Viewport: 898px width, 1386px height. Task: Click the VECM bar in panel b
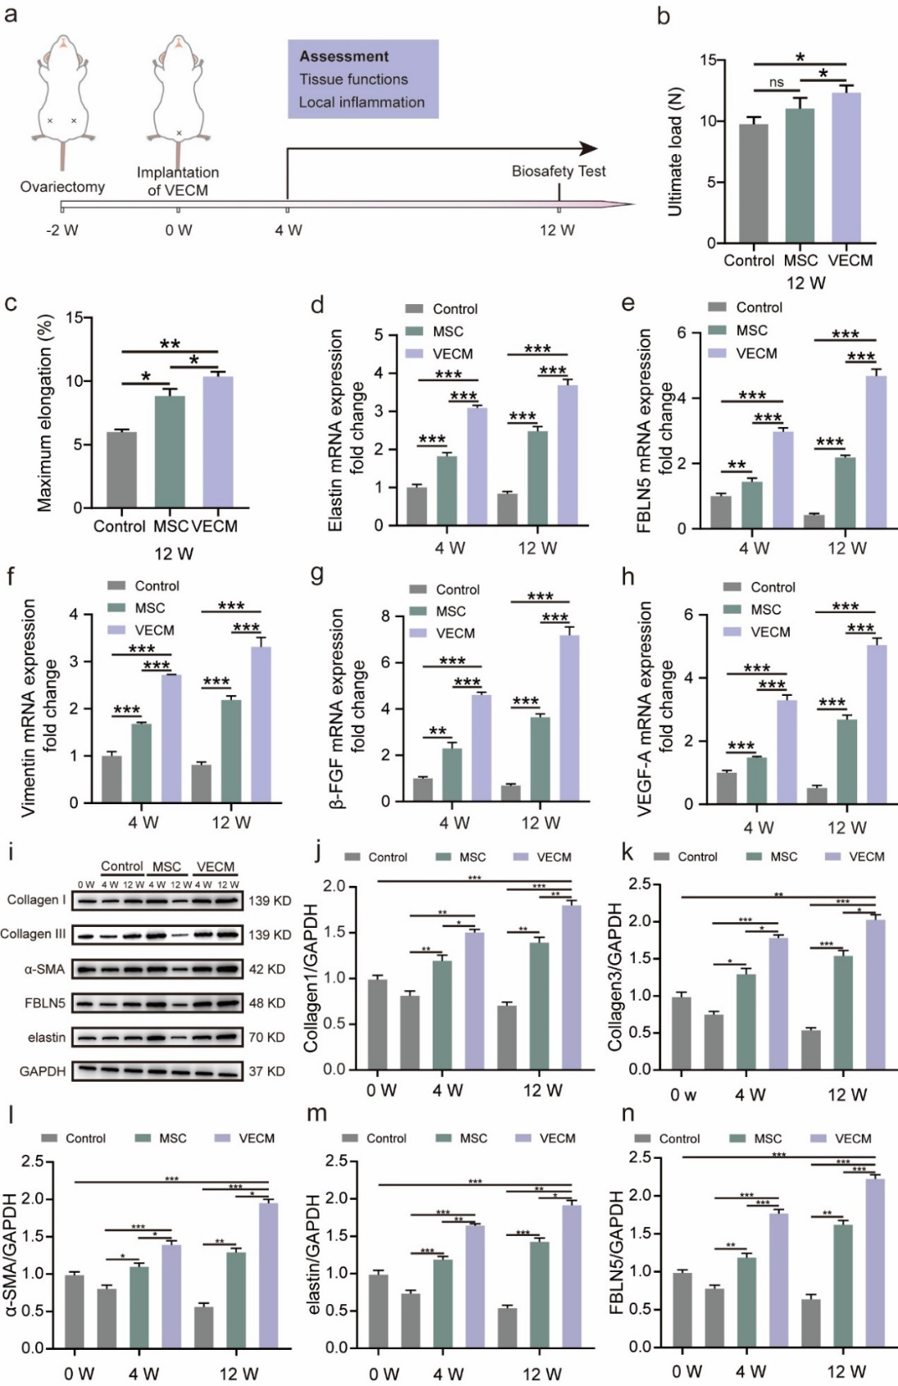coord(846,168)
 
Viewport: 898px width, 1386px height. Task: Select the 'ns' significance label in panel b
coord(776,83)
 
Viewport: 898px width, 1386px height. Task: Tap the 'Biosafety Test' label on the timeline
coord(558,171)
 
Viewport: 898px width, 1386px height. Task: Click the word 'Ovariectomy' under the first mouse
coord(62,187)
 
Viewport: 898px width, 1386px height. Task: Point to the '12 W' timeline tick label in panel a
coord(557,230)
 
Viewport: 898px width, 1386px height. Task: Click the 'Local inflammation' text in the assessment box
coord(361,102)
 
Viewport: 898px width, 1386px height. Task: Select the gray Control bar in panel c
coord(121,470)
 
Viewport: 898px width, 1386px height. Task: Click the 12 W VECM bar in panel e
coord(876,452)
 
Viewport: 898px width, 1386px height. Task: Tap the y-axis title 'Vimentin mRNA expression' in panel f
coord(29,707)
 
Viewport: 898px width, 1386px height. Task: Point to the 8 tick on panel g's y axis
coord(386,616)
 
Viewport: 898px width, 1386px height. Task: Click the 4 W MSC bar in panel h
coord(755,780)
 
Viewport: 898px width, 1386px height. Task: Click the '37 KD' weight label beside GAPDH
coord(267,1071)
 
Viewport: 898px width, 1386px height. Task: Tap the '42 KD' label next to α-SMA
coord(267,969)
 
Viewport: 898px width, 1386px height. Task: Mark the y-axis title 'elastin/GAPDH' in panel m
coord(314,1255)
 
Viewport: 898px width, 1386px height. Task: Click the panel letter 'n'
coord(628,1114)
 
